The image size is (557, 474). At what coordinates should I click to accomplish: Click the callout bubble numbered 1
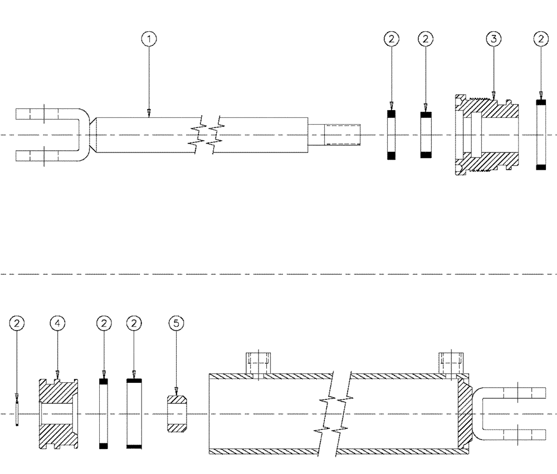149,39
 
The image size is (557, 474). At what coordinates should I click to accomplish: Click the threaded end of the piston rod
343,135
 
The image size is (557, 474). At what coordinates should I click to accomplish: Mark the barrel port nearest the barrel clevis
451,364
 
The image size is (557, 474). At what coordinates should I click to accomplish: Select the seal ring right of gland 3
539,135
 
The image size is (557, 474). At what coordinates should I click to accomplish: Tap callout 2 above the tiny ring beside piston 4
18,323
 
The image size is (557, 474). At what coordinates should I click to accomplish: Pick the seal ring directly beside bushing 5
134,414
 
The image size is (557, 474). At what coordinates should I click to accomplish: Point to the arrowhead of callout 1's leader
149,113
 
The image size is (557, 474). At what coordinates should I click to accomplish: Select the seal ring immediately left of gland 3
426,135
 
